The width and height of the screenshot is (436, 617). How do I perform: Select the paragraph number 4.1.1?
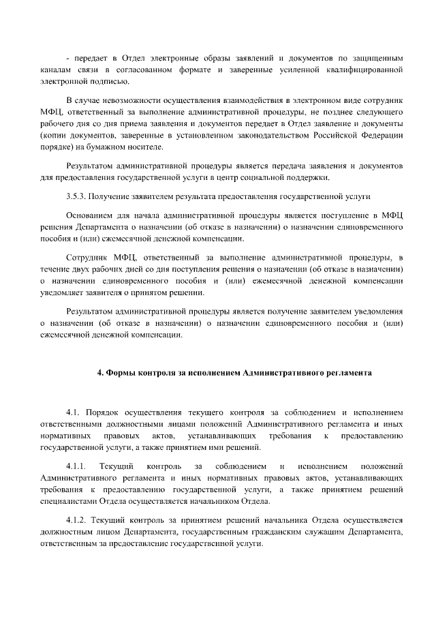[x=75, y=466]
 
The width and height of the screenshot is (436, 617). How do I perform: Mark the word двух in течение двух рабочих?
[x=82, y=268]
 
